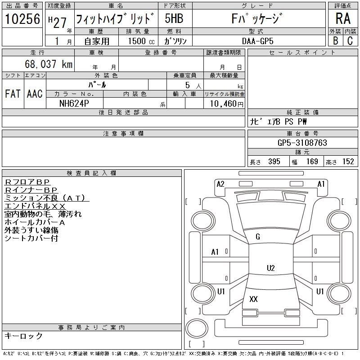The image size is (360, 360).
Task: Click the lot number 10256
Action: (x=22, y=19)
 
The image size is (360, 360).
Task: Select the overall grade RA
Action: (x=343, y=18)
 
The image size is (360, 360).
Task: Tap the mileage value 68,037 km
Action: (x=49, y=64)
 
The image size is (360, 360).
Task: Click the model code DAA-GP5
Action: (x=258, y=41)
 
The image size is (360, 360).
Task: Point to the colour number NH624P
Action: (x=74, y=103)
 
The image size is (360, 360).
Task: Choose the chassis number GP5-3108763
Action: (x=302, y=143)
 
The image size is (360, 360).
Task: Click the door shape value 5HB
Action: (x=174, y=18)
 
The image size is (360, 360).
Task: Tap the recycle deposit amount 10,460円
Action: (x=227, y=104)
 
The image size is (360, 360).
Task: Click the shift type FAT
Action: (x=13, y=94)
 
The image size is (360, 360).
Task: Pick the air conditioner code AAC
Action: (x=35, y=94)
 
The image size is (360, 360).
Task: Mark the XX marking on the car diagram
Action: (x=253, y=299)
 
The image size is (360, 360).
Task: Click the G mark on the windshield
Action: (x=258, y=237)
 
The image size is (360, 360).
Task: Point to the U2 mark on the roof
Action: (x=271, y=268)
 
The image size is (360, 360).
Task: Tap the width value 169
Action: (x=312, y=162)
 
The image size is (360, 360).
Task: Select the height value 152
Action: (x=348, y=162)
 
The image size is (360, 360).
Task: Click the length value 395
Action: (x=274, y=162)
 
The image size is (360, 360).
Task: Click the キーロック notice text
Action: (x=23, y=336)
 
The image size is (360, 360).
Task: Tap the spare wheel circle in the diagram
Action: (x=197, y=328)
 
